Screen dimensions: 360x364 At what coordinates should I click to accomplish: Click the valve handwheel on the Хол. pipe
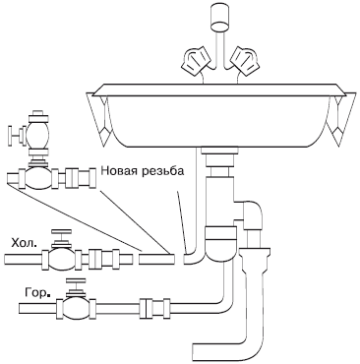coord(62,231)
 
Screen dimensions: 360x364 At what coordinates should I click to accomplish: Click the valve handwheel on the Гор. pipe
coord(76,280)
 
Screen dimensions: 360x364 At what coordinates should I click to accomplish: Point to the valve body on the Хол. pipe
coord(61,259)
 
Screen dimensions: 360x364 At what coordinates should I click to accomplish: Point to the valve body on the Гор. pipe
coord(76,308)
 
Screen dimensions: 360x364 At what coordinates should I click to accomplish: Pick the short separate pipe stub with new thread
coord(156,259)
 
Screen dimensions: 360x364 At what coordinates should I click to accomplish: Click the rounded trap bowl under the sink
coord(220,244)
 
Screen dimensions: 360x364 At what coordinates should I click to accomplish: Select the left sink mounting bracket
coord(99,119)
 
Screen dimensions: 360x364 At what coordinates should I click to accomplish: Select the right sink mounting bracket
coord(341,119)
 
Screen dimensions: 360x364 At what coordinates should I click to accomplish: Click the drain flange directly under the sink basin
coord(220,151)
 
